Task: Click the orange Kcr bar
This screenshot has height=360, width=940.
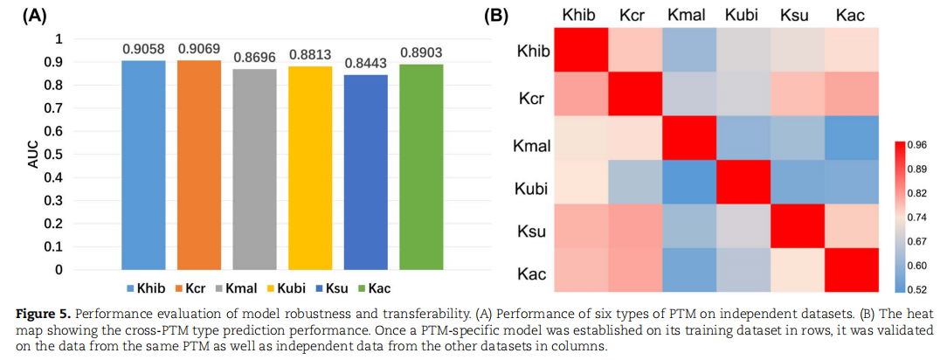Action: pyautogui.click(x=199, y=164)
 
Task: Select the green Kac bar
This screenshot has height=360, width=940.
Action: pyautogui.click(x=421, y=166)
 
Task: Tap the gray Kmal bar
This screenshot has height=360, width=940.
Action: pyautogui.click(x=254, y=169)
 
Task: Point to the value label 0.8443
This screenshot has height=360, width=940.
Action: pyautogui.click(x=365, y=62)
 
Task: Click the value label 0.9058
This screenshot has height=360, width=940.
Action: pyautogui.click(x=143, y=49)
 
